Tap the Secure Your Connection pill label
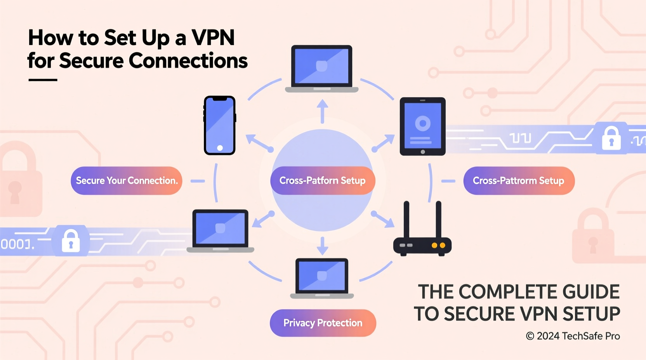(127, 181)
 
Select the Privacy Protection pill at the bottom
(323, 323)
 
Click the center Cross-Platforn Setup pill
(323, 181)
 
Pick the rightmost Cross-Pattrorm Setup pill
(519, 181)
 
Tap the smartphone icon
(220, 125)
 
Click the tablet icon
(422, 126)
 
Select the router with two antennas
(422, 233)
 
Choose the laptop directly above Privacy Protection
(322, 278)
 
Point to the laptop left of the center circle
(221, 230)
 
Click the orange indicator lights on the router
(438, 245)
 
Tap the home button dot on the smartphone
(220, 148)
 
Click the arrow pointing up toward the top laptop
(322, 111)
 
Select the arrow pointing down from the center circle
(322, 246)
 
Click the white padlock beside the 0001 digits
(71, 241)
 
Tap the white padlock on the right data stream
(611, 138)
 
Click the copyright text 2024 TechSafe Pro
(573, 336)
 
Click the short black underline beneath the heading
(43, 80)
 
